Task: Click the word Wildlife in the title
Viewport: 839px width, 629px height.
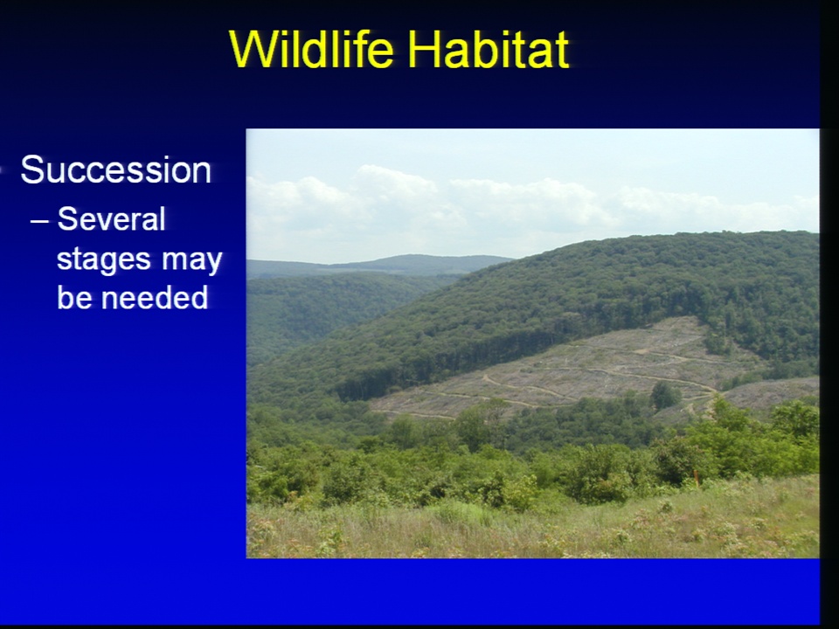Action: (x=311, y=49)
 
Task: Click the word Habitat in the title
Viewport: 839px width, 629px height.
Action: (x=488, y=49)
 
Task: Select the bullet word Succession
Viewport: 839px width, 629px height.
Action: (x=116, y=170)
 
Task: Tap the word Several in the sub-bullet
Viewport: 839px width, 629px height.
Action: (x=111, y=218)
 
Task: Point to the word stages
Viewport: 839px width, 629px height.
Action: (x=104, y=261)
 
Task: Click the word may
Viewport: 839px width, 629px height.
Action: (x=192, y=262)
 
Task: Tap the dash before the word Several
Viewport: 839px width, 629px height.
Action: (x=39, y=221)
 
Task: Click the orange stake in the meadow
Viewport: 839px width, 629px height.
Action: (x=697, y=478)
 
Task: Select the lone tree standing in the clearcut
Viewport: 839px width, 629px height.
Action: (x=665, y=395)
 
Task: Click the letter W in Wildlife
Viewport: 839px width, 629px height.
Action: (x=251, y=49)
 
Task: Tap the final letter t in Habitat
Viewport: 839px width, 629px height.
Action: (x=561, y=52)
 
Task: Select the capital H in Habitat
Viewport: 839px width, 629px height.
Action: (x=424, y=49)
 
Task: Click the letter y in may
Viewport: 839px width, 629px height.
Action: (x=215, y=264)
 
